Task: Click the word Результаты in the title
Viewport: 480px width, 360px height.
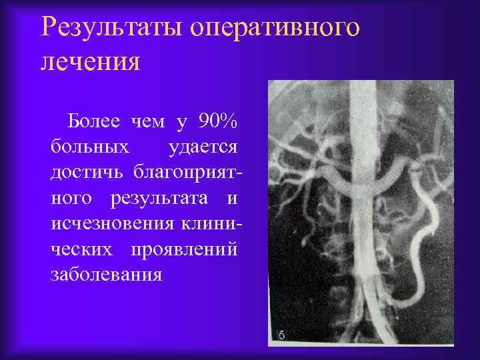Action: pos(112,27)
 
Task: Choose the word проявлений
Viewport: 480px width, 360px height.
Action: pos(189,249)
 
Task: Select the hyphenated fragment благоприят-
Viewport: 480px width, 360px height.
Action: pos(188,173)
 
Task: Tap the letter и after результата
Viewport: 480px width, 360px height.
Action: pos(232,199)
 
